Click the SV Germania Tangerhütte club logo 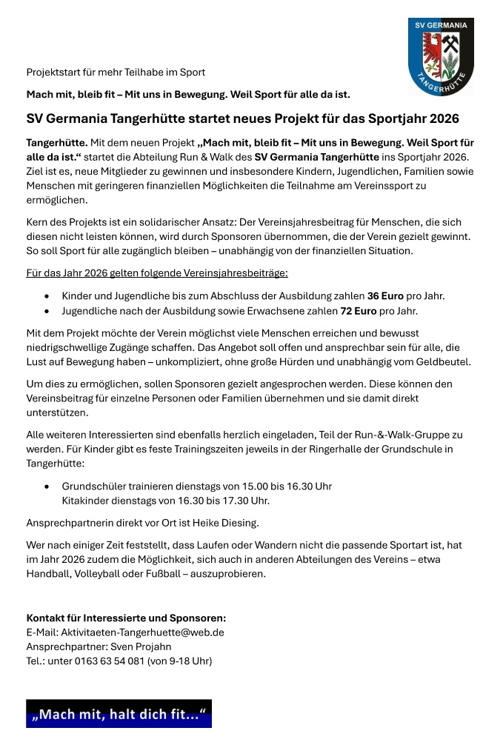coord(441,56)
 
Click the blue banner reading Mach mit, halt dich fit coord(119,714)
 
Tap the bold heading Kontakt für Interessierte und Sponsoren coord(126,618)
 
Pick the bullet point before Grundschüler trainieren coord(47,487)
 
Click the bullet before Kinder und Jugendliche coord(47,296)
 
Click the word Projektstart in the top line coord(56,73)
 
